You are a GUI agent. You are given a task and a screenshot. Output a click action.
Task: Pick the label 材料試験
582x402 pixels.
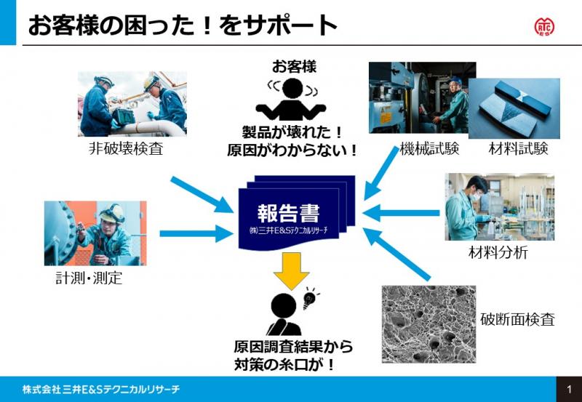(518, 149)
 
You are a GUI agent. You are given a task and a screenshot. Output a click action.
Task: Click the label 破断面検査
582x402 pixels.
(517, 319)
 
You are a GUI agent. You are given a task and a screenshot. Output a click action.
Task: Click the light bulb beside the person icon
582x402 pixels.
(311, 297)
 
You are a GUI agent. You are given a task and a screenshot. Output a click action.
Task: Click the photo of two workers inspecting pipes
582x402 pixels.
(132, 104)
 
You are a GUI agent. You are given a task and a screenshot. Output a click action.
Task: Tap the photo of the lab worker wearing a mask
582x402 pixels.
(499, 206)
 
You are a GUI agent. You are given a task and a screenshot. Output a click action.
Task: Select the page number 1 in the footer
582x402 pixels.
(568, 390)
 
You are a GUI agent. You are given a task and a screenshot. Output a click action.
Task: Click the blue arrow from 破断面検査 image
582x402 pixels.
(396, 254)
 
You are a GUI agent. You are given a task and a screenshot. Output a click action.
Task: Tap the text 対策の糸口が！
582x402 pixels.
(284, 365)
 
